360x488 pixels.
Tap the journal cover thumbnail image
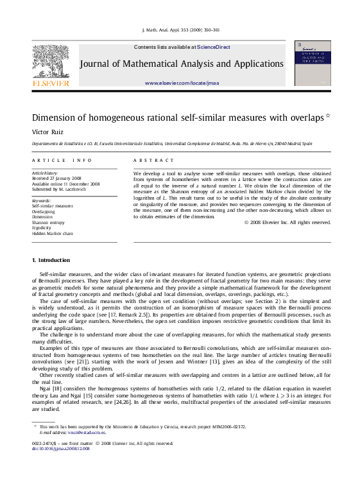(x=312, y=63)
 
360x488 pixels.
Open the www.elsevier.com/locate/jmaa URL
(x=182, y=83)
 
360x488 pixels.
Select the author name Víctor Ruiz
(x=47, y=131)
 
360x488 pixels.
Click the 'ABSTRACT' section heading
(x=153, y=160)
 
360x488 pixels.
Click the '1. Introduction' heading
(x=51, y=260)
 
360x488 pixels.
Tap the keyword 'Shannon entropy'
(x=48, y=222)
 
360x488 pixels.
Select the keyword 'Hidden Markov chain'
(x=53, y=234)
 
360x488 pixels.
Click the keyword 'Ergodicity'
(x=43, y=228)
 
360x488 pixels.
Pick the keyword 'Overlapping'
(x=44, y=211)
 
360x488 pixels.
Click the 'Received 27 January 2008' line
(x=56, y=178)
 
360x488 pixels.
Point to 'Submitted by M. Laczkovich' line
(x=60, y=189)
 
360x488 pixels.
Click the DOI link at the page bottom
(x=61, y=448)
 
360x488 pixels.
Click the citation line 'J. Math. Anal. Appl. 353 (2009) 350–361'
(x=180, y=30)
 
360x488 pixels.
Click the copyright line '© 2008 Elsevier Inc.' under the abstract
(x=287, y=222)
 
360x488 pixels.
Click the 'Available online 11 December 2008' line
(x=65, y=184)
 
